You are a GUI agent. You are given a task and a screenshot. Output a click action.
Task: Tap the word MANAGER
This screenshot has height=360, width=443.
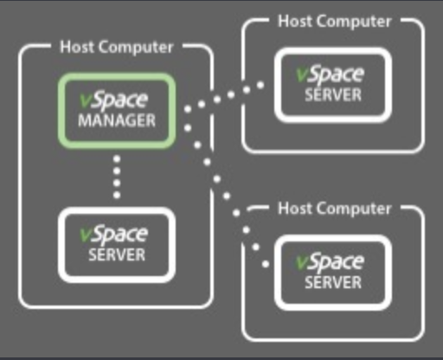click(117, 120)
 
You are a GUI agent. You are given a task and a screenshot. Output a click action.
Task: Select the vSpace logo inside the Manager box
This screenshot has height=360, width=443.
click(114, 101)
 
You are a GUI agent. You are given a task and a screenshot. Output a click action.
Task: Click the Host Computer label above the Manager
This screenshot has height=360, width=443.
click(117, 47)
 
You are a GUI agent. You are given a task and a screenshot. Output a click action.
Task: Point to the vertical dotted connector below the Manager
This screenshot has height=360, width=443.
click(117, 177)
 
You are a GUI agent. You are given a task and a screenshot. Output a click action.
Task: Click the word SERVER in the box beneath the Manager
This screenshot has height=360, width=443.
click(117, 255)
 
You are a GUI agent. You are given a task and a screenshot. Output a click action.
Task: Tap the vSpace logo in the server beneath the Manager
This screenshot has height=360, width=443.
click(114, 235)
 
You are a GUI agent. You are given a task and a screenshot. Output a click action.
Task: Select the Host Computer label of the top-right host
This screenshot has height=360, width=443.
click(335, 22)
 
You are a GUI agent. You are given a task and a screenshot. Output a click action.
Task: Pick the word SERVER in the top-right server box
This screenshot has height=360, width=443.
click(333, 95)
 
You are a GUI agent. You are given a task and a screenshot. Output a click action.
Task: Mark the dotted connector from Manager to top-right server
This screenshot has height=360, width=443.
click(224, 97)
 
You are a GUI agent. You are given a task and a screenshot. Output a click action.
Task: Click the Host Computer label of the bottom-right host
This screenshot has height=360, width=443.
click(335, 209)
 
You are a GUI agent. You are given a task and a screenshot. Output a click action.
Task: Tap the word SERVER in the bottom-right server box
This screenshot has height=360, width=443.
click(333, 282)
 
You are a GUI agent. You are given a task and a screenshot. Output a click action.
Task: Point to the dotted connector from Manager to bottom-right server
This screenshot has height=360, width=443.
click(227, 196)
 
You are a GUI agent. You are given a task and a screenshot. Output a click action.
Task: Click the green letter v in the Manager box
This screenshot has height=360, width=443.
click(85, 100)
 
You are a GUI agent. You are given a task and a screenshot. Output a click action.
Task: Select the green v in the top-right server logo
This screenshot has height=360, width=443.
click(302, 74)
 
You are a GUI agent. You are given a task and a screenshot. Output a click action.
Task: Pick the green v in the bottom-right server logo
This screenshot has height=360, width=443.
click(302, 262)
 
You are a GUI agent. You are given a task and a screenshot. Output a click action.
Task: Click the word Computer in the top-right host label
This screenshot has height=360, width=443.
click(354, 22)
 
